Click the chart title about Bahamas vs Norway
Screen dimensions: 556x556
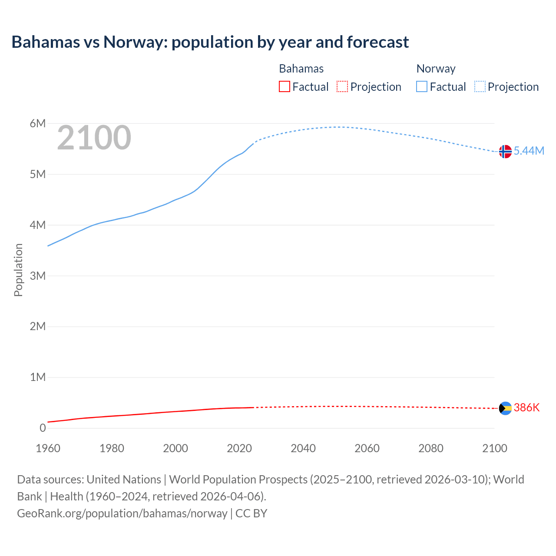[x=210, y=42]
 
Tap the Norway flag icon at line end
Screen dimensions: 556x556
[x=505, y=152]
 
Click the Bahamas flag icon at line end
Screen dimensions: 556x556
[x=505, y=408]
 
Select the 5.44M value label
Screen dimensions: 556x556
[x=529, y=151]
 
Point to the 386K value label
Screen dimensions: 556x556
[x=526, y=407]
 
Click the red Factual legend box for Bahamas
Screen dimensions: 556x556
[x=285, y=87]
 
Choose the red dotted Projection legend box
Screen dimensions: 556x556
[x=342, y=87]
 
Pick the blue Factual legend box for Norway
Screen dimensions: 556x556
[x=422, y=87]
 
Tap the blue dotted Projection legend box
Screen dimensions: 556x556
[x=480, y=87]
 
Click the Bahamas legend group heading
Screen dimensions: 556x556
[x=301, y=69]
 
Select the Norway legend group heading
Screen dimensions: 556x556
[x=436, y=69]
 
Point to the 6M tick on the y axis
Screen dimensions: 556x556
[x=38, y=124]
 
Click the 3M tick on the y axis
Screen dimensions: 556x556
[x=38, y=276]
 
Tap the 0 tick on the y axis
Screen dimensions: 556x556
[x=43, y=428]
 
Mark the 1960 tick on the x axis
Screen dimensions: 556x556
[x=48, y=448]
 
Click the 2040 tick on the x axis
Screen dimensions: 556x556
[x=303, y=448]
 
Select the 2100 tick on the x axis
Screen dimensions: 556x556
[x=495, y=448]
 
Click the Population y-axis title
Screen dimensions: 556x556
[x=18, y=270]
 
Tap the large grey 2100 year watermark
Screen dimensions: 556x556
[x=94, y=138]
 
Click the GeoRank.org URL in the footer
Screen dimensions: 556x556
[x=122, y=513]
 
